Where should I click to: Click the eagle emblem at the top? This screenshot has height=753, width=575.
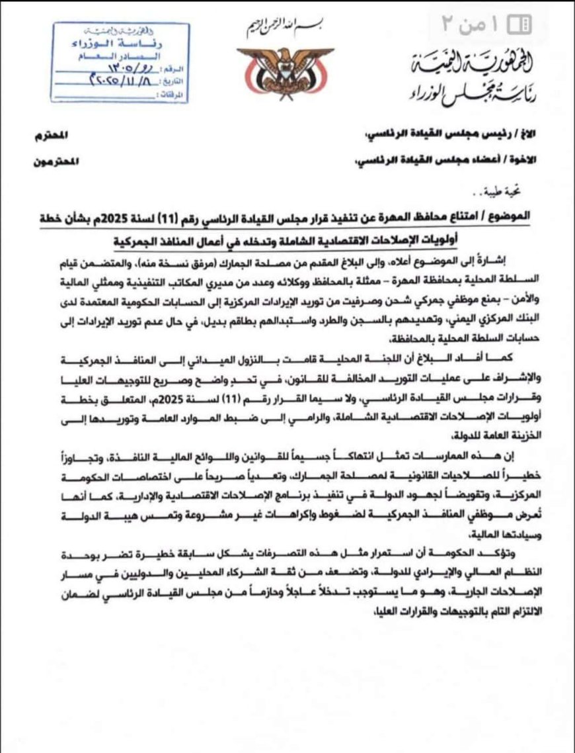coord(286,72)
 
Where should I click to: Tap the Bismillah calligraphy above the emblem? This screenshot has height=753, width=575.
coord(285,27)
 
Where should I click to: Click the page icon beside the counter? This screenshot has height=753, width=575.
coord(519,25)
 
